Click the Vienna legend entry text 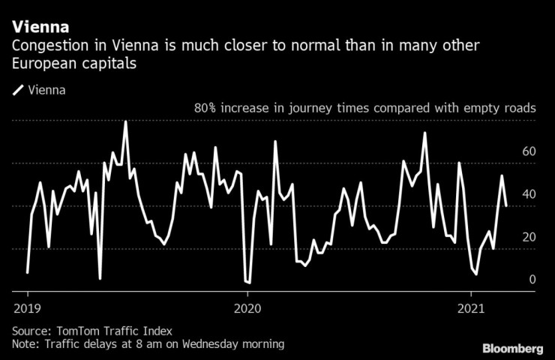pos(46,91)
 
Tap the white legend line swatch pos(17,91)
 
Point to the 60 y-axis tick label pos(528,151)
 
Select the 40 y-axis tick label pos(528,194)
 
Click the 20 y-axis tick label pos(528,237)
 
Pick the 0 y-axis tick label pos(532,280)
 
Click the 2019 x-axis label pos(27,307)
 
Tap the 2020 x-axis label pos(248,307)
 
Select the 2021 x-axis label pos(469,307)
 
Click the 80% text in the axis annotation pos(207,109)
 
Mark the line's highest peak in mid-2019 pos(125,121)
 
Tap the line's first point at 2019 pos(28,272)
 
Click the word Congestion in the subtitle pos(46,46)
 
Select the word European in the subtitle pos(42,64)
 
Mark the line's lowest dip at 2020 pos(248,283)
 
